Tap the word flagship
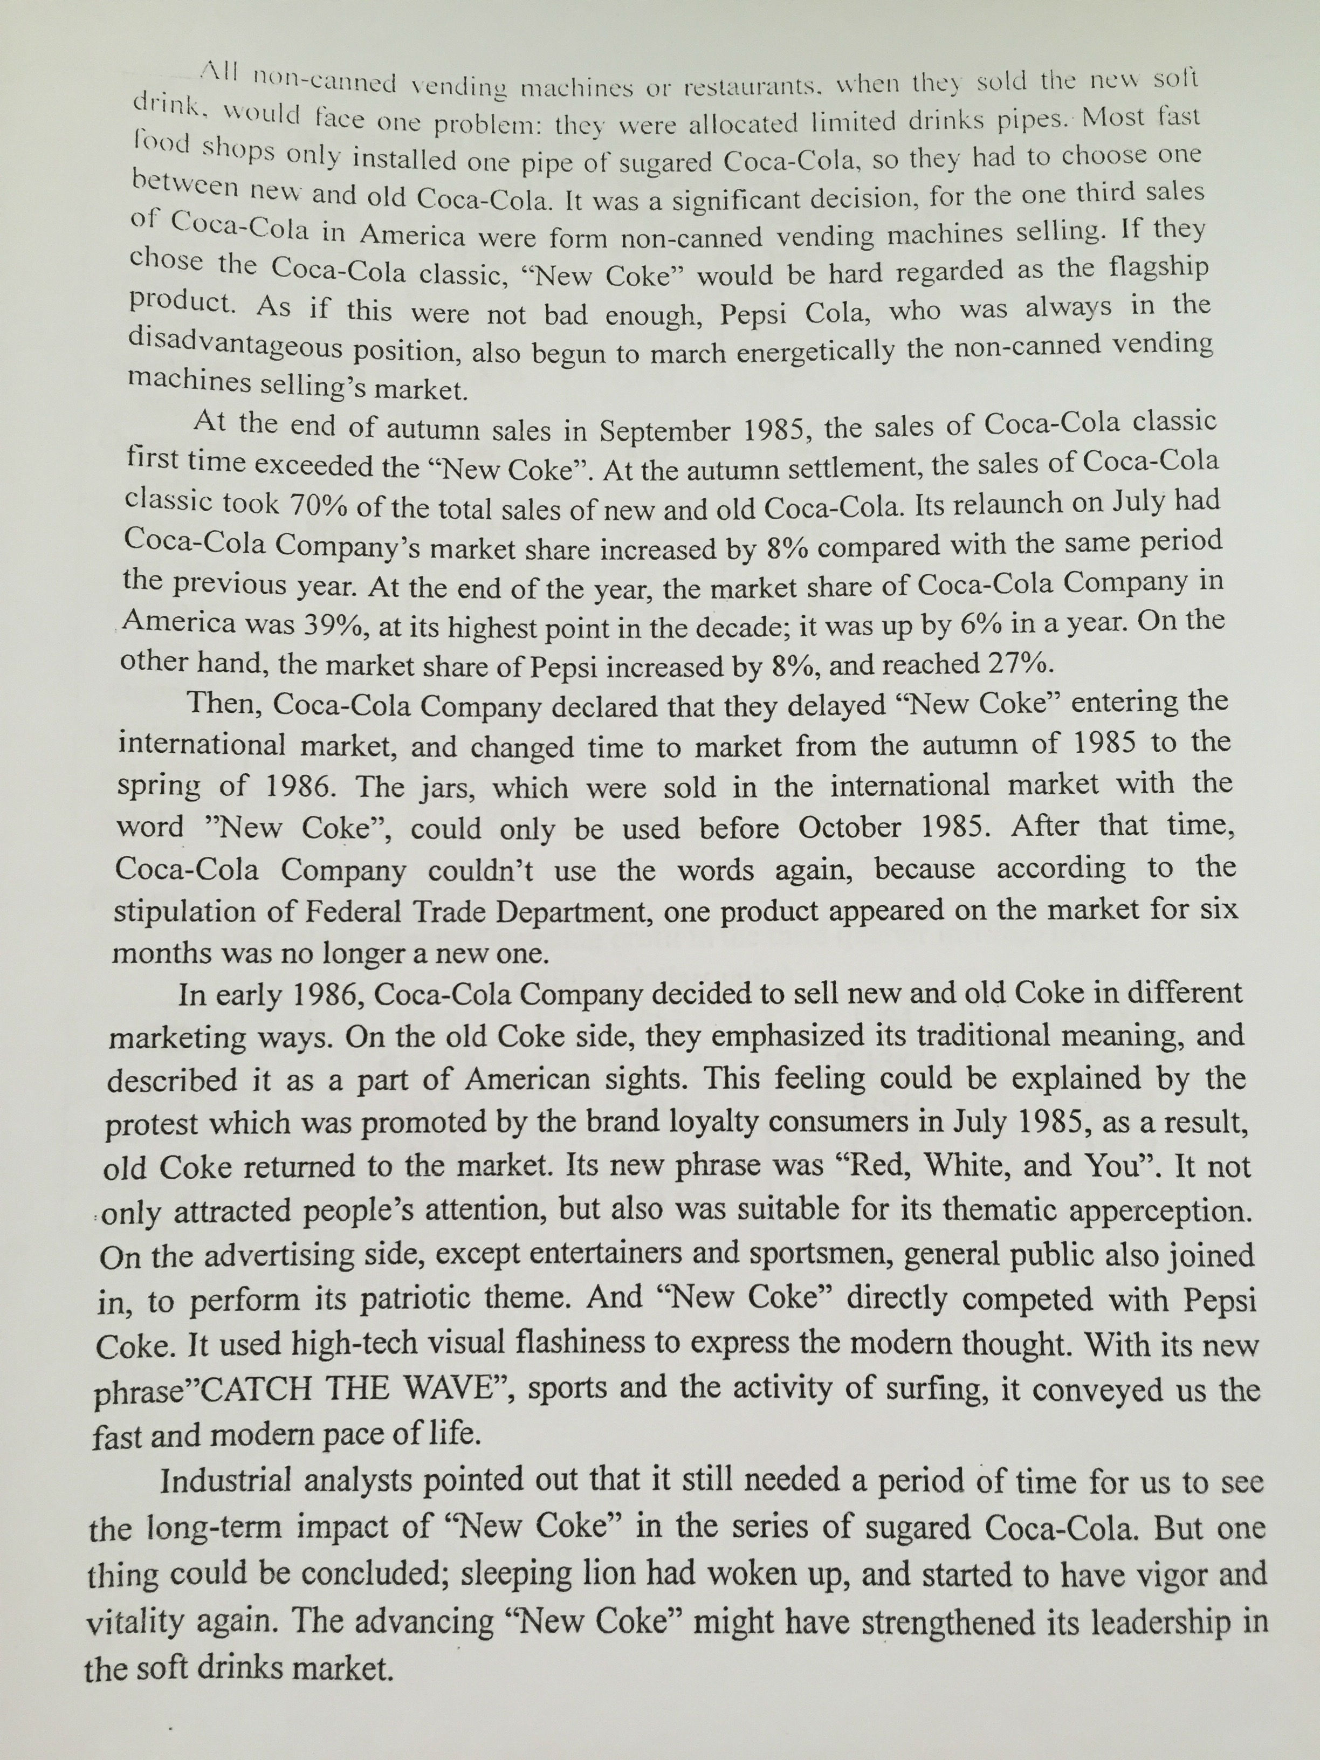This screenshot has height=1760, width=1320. tap(1158, 267)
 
